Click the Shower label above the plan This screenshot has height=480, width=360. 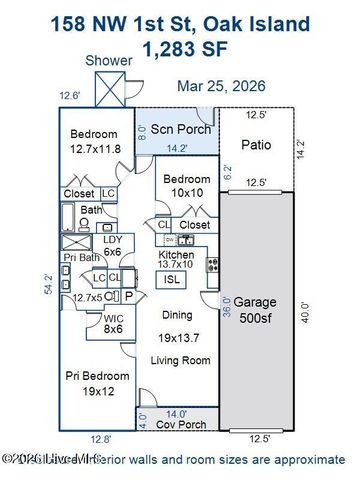point(109,61)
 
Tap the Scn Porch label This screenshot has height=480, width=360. point(180,129)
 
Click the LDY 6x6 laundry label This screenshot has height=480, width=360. point(111,246)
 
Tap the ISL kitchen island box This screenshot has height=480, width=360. point(172,280)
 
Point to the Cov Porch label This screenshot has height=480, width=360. point(180,424)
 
